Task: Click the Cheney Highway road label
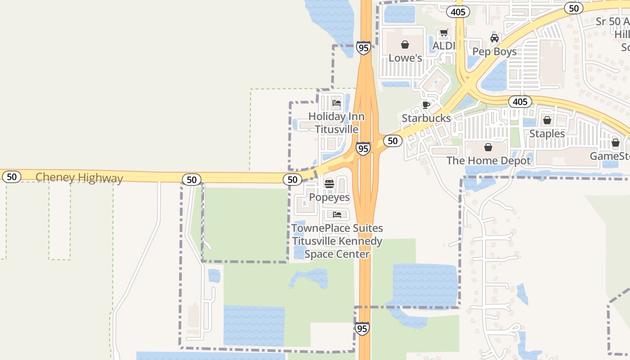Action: pos(79,178)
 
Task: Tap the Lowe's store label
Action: pos(405,58)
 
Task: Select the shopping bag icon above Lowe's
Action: pos(405,45)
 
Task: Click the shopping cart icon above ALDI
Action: pos(444,33)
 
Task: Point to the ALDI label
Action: pos(444,46)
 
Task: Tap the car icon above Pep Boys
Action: pos(495,38)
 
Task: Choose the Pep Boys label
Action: pos(495,52)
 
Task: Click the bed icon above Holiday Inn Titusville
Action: pos(337,103)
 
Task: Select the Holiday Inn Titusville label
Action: pos(337,123)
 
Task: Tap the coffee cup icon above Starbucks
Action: pos(426,105)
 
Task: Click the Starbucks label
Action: pos(426,118)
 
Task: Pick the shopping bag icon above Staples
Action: pos(547,120)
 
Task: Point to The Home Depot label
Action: pos(488,161)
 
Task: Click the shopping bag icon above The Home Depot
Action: pos(488,147)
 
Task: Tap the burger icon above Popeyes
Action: pos(329,184)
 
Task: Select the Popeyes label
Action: pos(329,198)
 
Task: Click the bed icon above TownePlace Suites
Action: pos(337,215)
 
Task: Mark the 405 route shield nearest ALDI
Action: pos(458,12)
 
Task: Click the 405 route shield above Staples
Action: pos(520,102)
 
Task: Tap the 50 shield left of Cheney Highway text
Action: pos(12,177)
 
